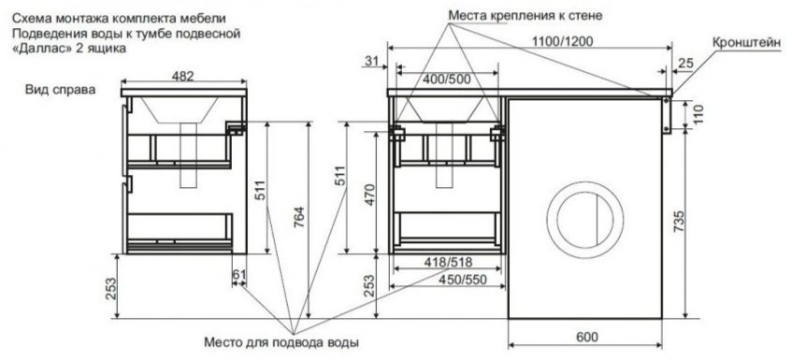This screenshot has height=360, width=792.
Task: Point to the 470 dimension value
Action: tap(370, 193)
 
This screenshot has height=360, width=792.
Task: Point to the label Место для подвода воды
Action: tap(280, 342)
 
